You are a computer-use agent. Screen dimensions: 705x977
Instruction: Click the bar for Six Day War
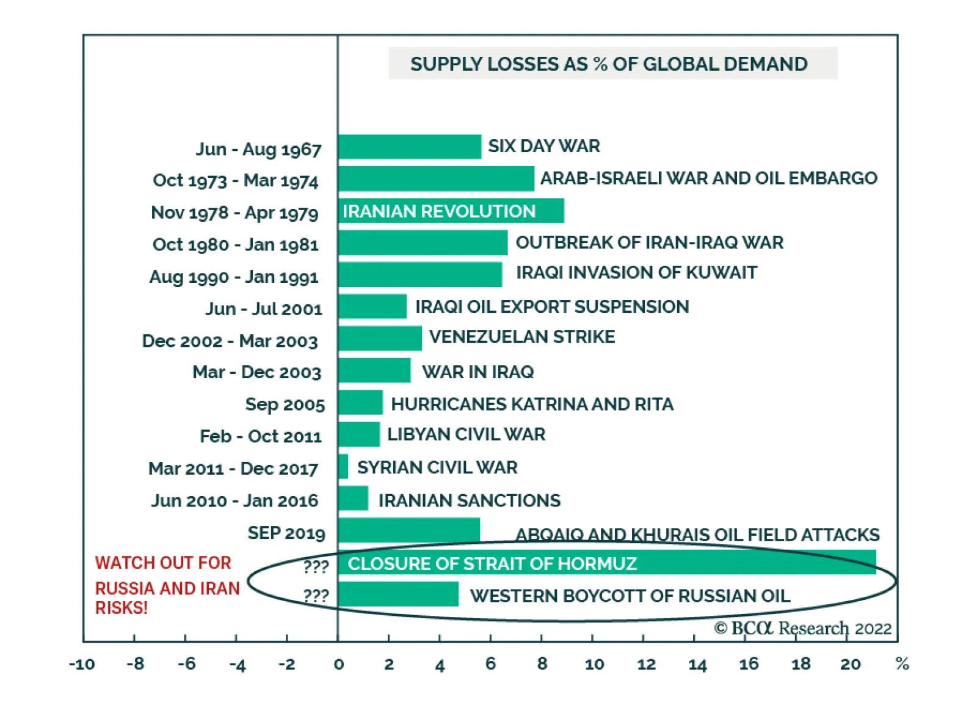(410, 147)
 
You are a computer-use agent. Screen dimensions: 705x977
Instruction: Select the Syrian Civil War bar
(343, 467)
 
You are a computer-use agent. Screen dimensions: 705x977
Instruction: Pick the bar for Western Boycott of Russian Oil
(398, 594)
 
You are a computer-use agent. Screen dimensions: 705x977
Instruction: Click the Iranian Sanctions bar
(354, 499)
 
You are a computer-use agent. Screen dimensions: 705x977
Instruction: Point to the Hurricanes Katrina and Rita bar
(361, 403)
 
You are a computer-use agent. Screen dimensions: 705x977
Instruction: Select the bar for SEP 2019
(409, 530)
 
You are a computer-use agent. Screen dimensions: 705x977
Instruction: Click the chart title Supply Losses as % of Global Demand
(609, 64)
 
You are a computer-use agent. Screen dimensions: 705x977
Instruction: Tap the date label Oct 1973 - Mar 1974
(236, 181)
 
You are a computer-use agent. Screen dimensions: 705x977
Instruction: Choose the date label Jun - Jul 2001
(264, 309)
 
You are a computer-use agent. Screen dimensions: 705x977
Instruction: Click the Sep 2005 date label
(285, 404)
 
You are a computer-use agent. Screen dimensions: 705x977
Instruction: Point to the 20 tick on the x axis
(850, 664)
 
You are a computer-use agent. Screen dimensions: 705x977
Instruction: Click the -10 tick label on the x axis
(82, 664)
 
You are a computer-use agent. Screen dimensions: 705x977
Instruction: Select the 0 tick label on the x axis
(339, 664)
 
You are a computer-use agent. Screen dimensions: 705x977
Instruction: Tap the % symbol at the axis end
(902, 663)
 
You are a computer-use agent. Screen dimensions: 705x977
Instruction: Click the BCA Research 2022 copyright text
(803, 628)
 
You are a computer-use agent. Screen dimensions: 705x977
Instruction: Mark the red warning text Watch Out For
(163, 563)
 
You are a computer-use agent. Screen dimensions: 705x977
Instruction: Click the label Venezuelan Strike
(522, 337)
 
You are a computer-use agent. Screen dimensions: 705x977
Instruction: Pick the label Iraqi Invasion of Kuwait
(636, 272)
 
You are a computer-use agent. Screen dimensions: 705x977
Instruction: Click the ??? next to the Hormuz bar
(316, 566)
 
